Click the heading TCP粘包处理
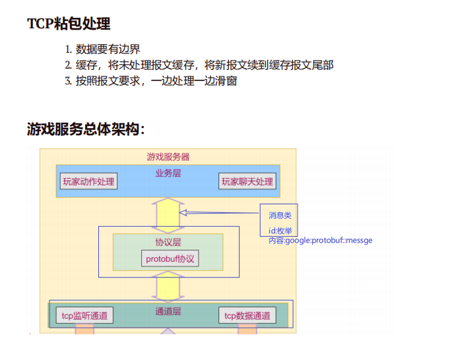click(x=69, y=24)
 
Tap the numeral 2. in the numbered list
click(x=68, y=65)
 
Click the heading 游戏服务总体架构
click(x=86, y=129)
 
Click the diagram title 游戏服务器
click(x=168, y=157)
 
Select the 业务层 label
click(x=168, y=173)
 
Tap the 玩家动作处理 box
click(x=88, y=181)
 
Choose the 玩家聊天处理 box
click(x=247, y=181)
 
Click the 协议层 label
click(x=168, y=243)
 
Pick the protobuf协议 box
click(x=170, y=258)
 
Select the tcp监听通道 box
click(x=84, y=316)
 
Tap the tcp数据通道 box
click(x=247, y=316)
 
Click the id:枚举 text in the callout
click(x=280, y=231)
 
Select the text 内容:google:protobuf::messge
click(x=320, y=241)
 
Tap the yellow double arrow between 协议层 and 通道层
click(x=168, y=286)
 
